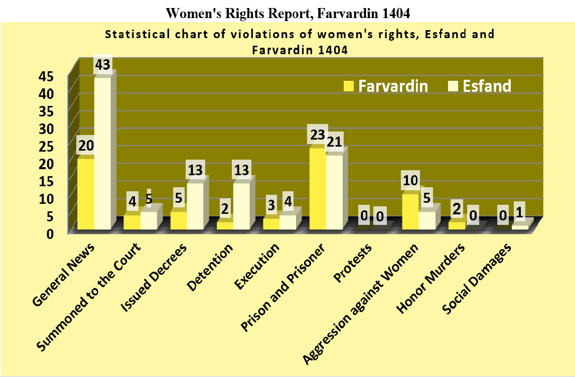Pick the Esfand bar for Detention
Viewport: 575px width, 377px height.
pyautogui.click(x=242, y=206)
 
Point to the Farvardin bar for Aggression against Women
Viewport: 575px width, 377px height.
pyautogui.click(x=410, y=211)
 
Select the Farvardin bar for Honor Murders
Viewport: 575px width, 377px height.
pyautogui.click(x=457, y=225)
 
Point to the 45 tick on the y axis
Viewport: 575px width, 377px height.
pyautogui.click(x=60, y=76)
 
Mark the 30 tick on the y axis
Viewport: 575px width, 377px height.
pyautogui.click(x=60, y=129)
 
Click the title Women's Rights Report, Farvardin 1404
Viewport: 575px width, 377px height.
pyautogui.click(x=287, y=14)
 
